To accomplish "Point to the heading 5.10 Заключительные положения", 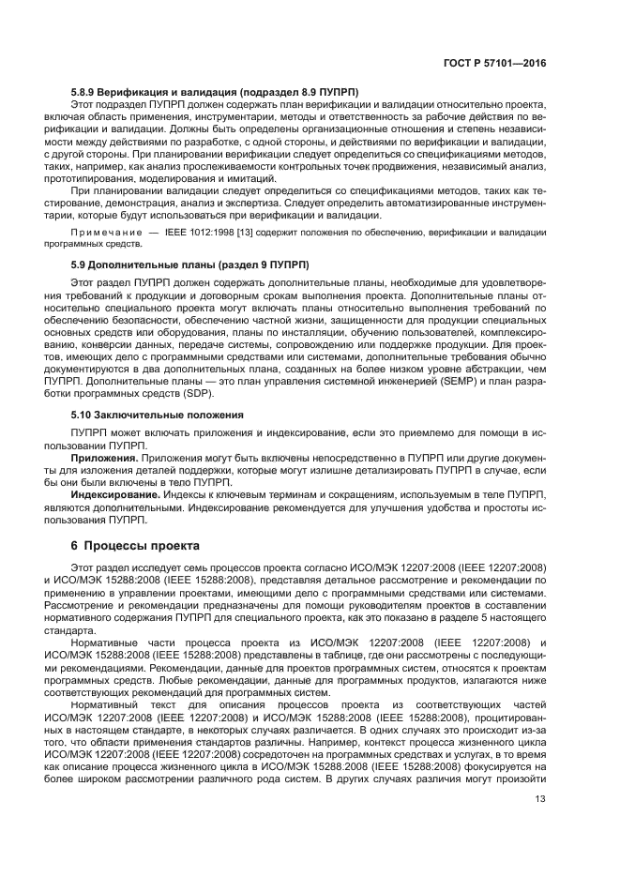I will coord(158,414).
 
